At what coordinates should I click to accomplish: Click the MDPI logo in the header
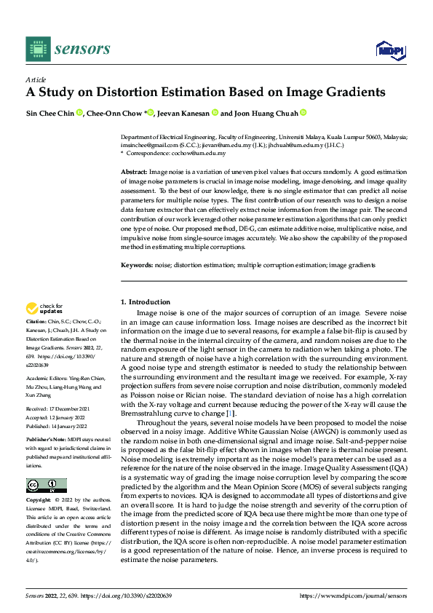coord(388,50)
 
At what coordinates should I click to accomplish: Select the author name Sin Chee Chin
coord(49,113)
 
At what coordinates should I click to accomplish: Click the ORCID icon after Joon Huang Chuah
coord(303,113)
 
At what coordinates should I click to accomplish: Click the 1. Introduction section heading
coord(145,302)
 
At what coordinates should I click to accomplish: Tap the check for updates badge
coord(44,309)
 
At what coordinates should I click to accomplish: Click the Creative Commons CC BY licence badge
coord(46,486)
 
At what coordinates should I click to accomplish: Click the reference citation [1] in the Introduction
coord(232,413)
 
